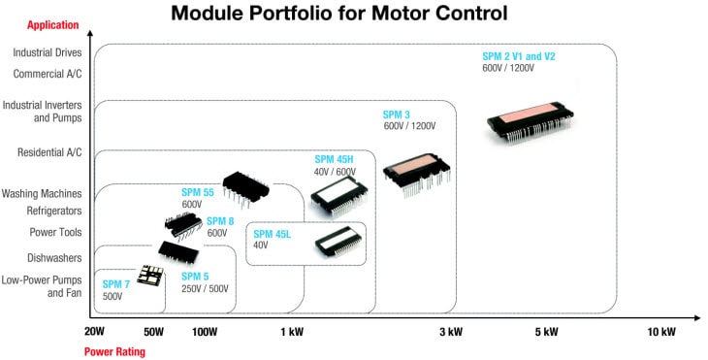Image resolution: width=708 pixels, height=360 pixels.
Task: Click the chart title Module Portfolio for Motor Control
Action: (339, 14)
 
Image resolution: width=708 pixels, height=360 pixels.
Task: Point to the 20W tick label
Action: (94, 332)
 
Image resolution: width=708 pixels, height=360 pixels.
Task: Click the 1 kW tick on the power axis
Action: (292, 332)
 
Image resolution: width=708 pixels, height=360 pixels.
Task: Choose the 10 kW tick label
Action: (660, 332)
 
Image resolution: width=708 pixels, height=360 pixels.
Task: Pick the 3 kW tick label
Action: (450, 332)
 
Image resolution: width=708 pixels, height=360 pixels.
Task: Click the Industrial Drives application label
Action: (48, 53)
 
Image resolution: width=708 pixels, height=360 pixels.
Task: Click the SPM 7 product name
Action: (116, 284)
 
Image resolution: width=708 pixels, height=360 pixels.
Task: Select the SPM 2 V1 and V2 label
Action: (519, 56)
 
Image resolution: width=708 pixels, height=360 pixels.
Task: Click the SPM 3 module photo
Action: (416, 176)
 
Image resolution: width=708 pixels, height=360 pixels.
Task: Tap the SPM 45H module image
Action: (338, 194)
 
